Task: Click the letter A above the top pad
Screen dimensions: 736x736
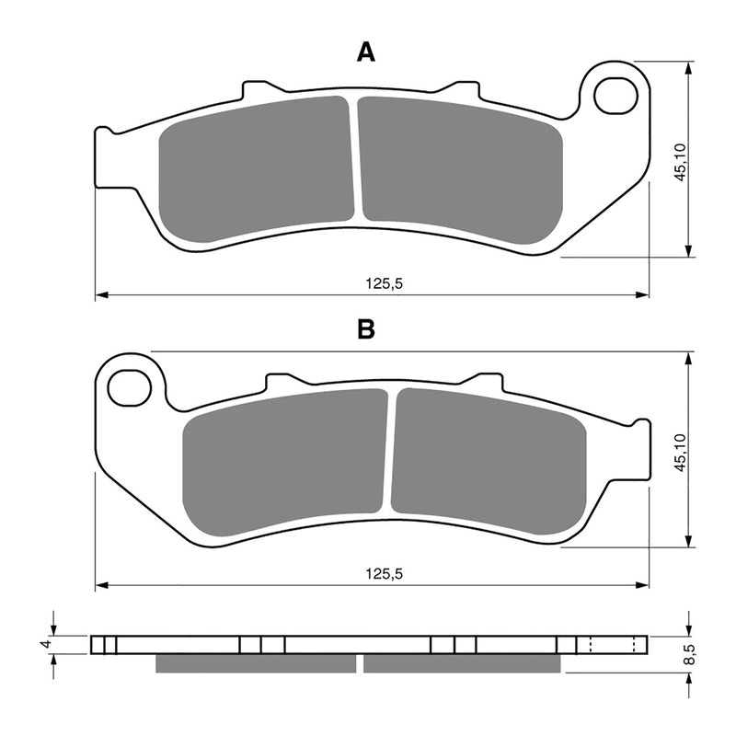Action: click(x=366, y=53)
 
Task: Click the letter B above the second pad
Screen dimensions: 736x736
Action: click(x=366, y=329)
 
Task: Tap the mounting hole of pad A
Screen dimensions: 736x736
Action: click(x=616, y=96)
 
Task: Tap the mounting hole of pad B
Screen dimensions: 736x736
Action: click(x=130, y=388)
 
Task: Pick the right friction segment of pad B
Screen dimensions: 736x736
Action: click(x=488, y=460)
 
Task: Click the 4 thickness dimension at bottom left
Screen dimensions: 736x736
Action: click(x=44, y=644)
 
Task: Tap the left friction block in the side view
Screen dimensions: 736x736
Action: click(x=256, y=662)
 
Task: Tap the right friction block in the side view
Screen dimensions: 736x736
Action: click(x=461, y=662)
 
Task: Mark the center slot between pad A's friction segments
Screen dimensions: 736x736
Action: click(x=354, y=161)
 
